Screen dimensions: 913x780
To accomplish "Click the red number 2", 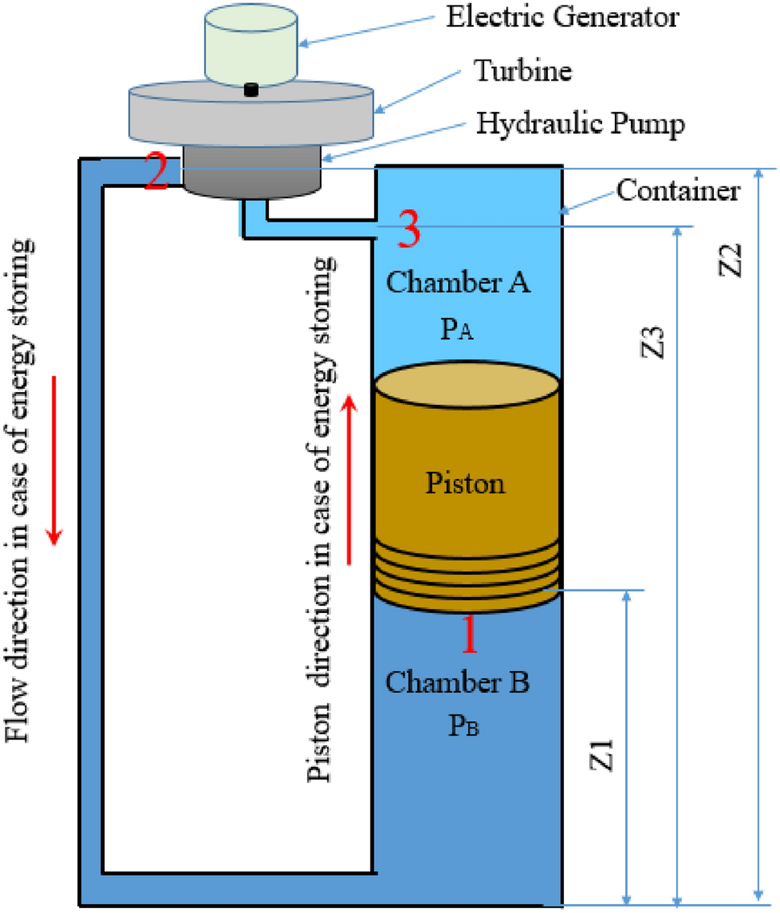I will (x=157, y=172).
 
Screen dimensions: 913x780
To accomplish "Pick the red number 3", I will (x=409, y=231).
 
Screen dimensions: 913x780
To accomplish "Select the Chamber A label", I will (x=458, y=283).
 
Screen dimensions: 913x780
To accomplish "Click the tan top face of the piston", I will (x=467, y=386).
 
